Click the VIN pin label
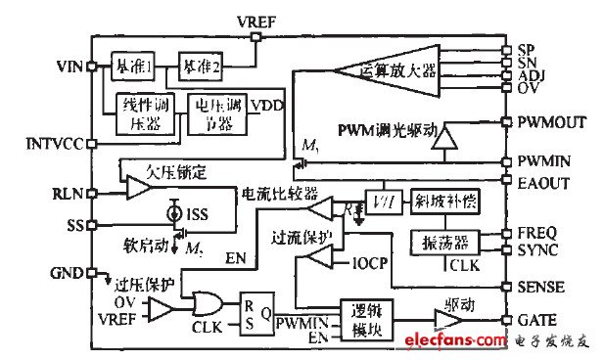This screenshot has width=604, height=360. (70, 67)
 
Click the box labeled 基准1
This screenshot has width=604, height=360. (127, 66)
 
